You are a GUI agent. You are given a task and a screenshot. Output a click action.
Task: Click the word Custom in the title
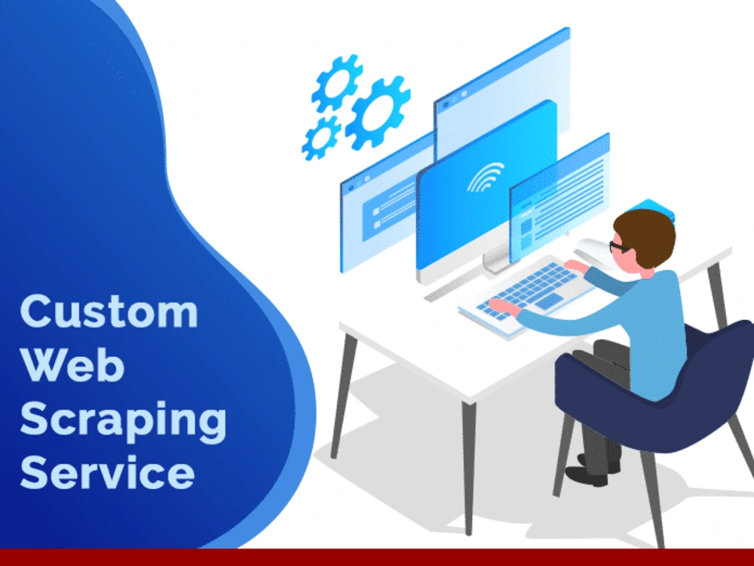tap(109, 311)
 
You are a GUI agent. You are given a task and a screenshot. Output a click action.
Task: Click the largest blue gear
tap(378, 112)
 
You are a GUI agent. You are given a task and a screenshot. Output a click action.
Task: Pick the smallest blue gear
tap(321, 139)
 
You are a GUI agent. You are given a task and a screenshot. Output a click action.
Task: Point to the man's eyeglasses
tap(619, 246)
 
